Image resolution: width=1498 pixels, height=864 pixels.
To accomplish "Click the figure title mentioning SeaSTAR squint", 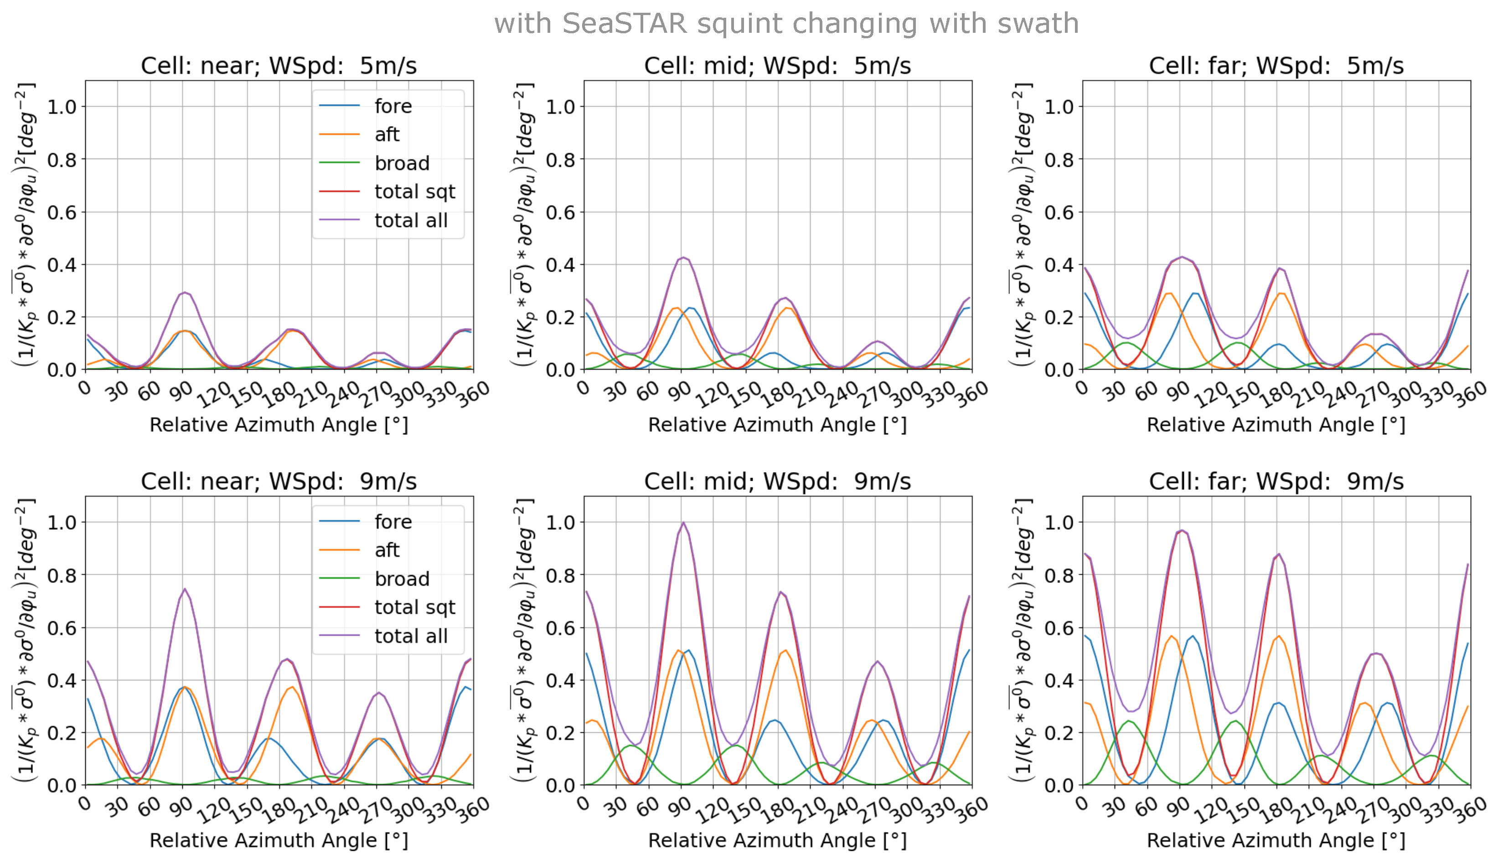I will [786, 24].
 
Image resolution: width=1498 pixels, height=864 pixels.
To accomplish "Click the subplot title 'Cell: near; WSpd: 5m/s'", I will [279, 66].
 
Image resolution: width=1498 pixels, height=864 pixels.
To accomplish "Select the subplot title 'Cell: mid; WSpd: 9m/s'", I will [777, 481].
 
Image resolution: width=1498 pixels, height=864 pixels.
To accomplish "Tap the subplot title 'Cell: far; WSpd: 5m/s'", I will [1276, 66].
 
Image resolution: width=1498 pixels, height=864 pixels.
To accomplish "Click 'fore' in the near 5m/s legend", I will [393, 106].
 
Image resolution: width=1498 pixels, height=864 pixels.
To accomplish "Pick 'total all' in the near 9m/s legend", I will [411, 636].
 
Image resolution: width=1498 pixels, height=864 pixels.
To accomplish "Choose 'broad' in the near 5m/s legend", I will [402, 163].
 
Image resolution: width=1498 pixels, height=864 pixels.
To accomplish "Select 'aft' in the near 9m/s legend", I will [387, 550].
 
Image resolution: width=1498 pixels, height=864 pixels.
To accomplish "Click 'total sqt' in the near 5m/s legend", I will [415, 192].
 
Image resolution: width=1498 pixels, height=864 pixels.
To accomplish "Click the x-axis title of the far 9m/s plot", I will [1276, 840].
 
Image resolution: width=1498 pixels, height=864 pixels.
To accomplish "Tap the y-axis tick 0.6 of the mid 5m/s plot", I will [560, 212].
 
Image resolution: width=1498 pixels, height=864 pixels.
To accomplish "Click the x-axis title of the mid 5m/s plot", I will [777, 425].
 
